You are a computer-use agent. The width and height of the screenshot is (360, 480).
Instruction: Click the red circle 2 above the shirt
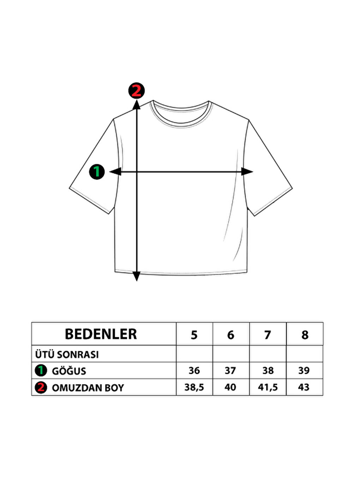coord(136,91)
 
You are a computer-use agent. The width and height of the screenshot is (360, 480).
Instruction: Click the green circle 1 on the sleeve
coord(97,172)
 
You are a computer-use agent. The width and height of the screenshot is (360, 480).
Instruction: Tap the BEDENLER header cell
coord(101,334)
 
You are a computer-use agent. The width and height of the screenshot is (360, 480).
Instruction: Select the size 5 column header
coord(194,335)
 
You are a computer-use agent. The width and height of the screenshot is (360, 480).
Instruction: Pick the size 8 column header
coord(305,335)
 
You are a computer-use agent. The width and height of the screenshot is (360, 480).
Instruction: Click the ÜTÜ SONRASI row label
coord(67,354)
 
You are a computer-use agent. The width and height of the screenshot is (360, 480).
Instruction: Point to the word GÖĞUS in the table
coord(69,371)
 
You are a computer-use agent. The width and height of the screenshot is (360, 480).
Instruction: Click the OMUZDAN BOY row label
coord(88,388)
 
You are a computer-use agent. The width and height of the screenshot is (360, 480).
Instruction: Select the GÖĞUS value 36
coord(194,371)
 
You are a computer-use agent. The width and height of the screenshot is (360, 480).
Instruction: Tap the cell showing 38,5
coord(194,387)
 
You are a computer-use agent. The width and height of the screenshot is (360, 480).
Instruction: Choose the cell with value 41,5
coord(268,387)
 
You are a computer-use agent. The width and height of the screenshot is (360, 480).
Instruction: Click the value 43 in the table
coord(304,387)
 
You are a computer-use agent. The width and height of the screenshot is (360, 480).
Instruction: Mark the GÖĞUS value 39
coord(304,371)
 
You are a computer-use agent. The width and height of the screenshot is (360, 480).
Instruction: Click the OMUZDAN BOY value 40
coord(230,387)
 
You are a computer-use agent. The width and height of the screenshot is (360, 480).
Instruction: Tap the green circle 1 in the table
coord(41,371)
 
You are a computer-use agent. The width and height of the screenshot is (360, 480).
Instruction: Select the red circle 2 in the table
coord(41,388)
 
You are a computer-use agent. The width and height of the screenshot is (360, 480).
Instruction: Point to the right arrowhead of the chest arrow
coord(248,172)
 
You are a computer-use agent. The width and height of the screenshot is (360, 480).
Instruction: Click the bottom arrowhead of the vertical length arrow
coord(137,276)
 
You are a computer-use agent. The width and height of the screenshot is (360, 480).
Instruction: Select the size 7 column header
coord(268,335)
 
